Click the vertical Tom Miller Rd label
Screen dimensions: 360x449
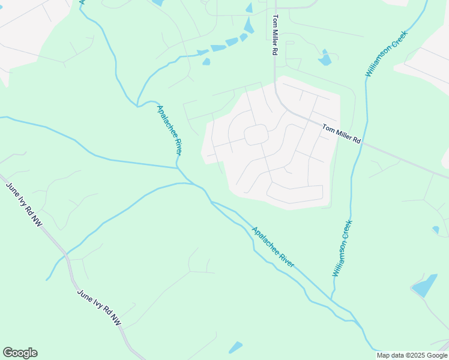click(275, 35)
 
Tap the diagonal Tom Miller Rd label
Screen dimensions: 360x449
click(341, 133)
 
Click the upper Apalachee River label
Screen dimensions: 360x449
click(169, 131)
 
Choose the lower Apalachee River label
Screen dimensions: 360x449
click(273, 247)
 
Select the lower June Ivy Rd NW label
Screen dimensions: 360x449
click(99, 308)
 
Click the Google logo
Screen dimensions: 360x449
click(20, 353)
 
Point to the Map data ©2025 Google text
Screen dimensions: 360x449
click(412, 355)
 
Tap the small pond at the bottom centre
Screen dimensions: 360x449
click(235, 347)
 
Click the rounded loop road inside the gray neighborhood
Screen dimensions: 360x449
click(256, 135)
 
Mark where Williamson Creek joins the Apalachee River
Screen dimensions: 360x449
click(331, 298)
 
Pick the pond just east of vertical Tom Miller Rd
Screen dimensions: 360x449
click(325, 59)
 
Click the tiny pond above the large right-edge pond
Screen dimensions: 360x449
click(436, 229)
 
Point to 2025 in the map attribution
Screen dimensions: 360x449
click(415, 355)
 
